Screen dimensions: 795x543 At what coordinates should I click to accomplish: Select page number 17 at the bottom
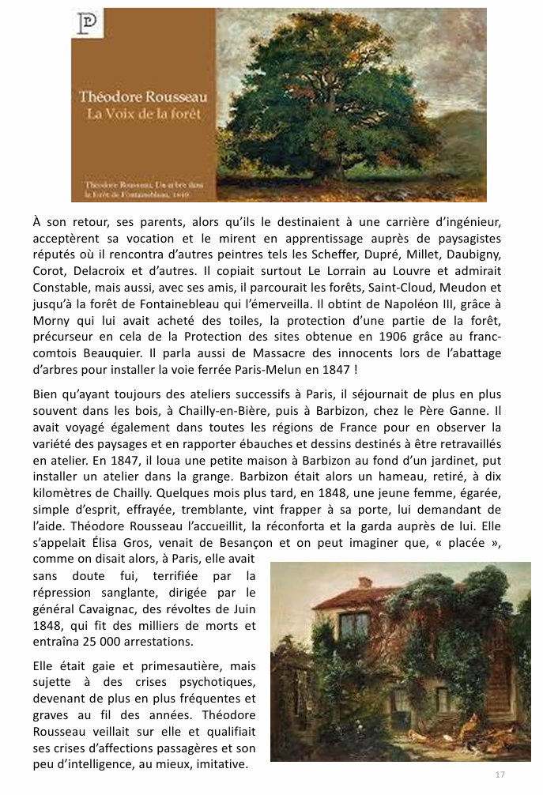500,773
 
